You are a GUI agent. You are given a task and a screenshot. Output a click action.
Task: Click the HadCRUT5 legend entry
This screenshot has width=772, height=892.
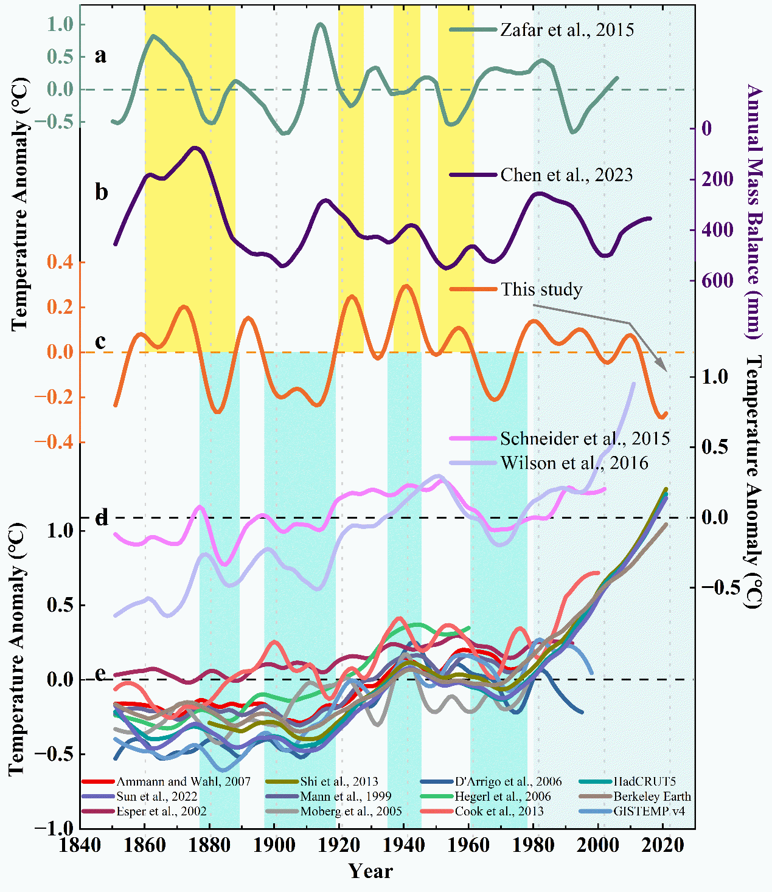point(644,782)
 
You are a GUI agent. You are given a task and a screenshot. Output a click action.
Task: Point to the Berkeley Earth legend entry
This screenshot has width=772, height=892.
point(652,797)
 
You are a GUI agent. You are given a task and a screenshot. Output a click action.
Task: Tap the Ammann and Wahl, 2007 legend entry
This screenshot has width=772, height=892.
point(183,782)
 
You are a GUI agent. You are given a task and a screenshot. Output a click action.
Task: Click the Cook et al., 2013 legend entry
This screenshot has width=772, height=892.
point(499,811)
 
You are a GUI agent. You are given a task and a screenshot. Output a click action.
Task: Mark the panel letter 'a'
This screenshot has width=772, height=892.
point(100,55)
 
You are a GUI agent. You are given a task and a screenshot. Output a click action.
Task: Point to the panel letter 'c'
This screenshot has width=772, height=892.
point(100,341)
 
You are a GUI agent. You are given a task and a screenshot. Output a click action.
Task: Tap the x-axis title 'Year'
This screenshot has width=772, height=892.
point(370,871)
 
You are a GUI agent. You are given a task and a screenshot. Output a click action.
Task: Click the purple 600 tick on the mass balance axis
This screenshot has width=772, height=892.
point(718,281)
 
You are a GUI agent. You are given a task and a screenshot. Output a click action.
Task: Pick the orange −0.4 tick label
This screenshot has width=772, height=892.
point(54,442)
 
